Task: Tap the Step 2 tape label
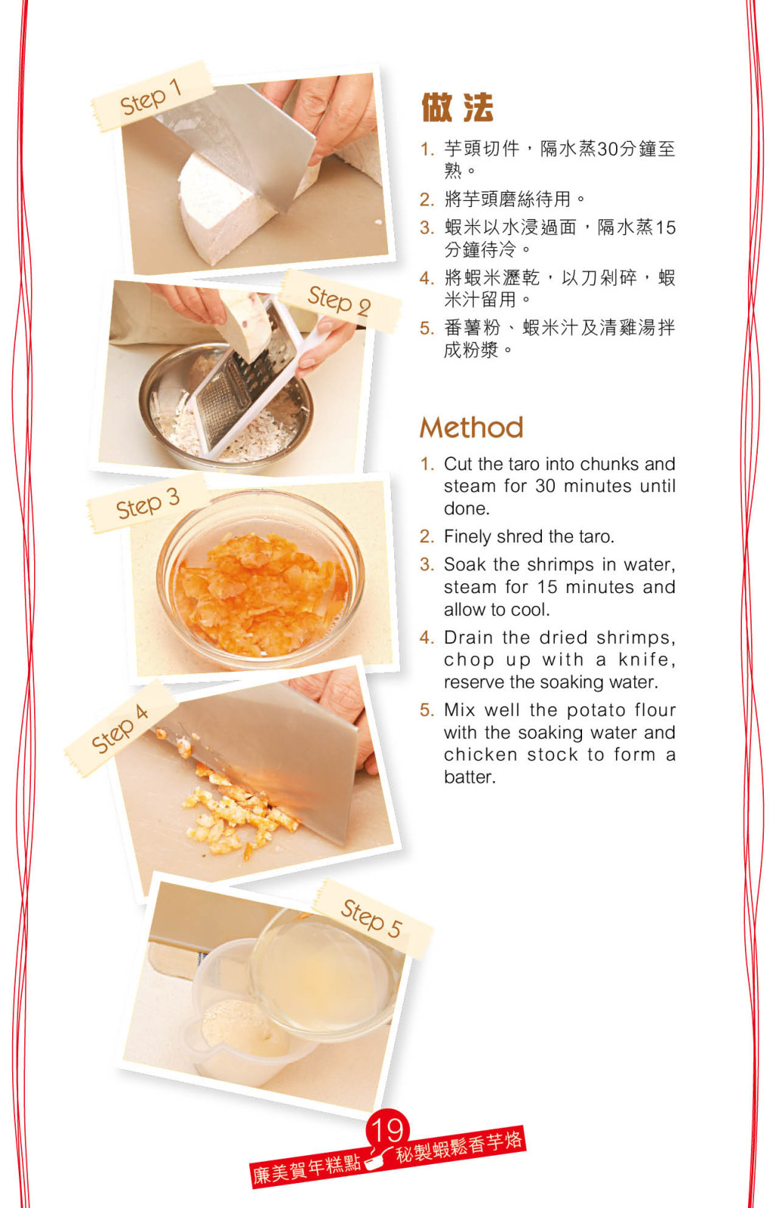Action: pyautogui.click(x=339, y=301)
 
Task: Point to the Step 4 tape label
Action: pyautogui.click(x=120, y=728)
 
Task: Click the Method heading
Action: pyautogui.click(x=471, y=428)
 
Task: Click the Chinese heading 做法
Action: pyautogui.click(x=457, y=108)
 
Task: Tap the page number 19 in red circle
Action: pyautogui.click(x=387, y=1128)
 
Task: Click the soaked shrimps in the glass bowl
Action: pyautogui.click(x=261, y=593)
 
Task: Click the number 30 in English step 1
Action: pyautogui.click(x=545, y=486)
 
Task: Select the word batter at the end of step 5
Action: pyautogui.click(x=469, y=777)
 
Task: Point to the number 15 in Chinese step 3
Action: pyautogui.click(x=665, y=227)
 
